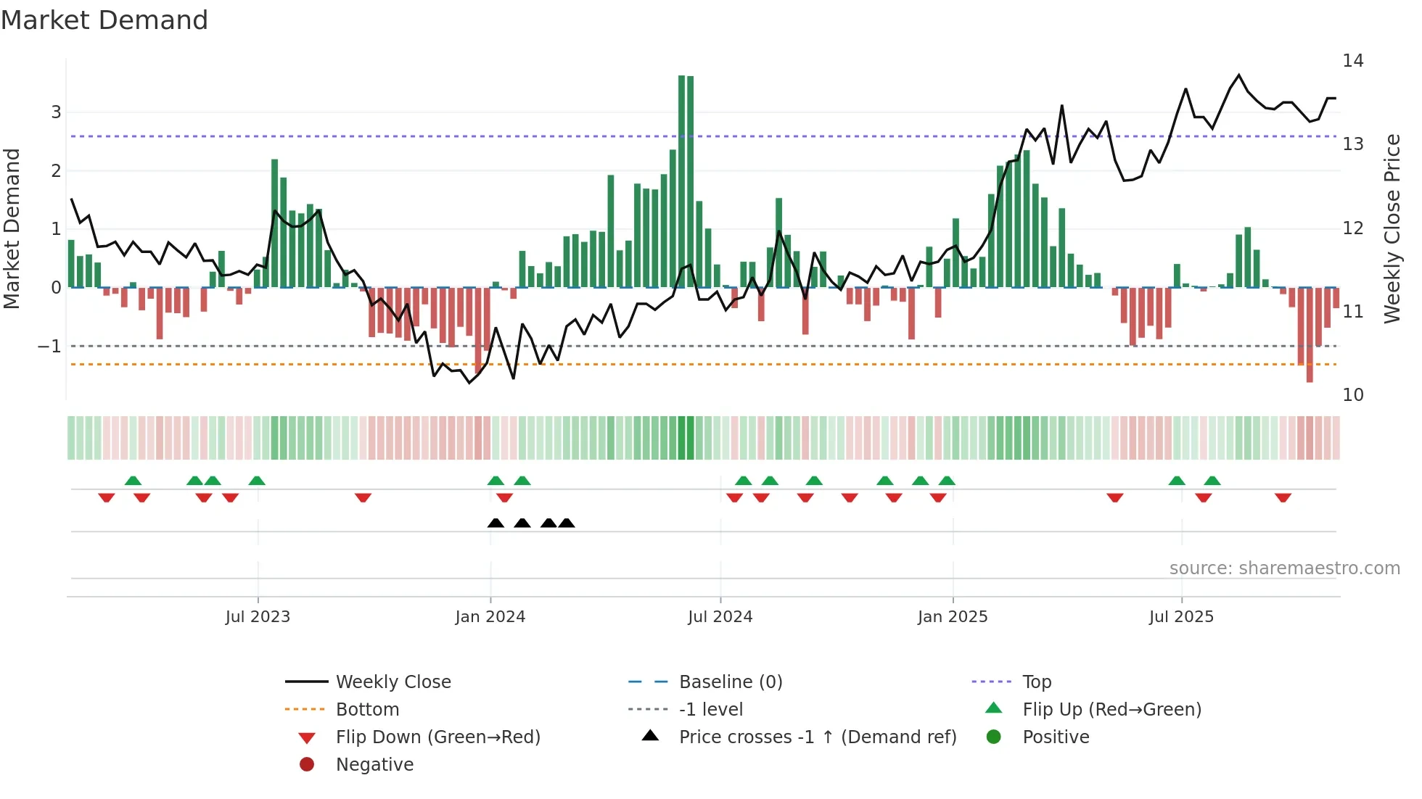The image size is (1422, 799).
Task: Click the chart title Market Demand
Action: (x=104, y=20)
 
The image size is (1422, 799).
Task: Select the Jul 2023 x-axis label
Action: (x=258, y=617)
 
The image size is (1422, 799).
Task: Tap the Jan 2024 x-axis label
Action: (x=490, y=617)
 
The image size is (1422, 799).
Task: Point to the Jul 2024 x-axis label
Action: (x=720, y=617)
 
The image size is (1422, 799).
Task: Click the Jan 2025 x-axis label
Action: (x=952, y=617)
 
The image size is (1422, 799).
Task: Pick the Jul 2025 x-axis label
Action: (x=1181, y=617)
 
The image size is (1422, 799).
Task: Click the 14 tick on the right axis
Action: (x=1352, y=61)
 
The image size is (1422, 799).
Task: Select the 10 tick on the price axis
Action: (x=1352, y=395)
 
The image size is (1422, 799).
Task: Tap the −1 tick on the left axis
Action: (x=49, y=347)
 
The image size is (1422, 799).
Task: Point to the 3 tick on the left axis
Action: (x=56, y=112)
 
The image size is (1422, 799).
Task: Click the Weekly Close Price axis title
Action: (x=1392, y=228)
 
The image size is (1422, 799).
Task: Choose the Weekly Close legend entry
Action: (x=393, y=682)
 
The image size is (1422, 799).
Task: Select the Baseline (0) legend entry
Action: (x=730, y=682)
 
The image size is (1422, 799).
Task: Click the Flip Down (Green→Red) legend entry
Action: (x=437, y=737)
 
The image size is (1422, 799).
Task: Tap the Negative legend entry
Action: (x=374, y=765)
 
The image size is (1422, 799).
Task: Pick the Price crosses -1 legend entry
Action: (x=817, y=737)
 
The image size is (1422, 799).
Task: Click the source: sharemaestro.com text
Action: (x=1284, y=568)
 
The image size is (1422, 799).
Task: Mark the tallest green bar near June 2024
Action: (x=682, y=181)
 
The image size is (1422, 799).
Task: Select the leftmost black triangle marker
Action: (x=496, y=523)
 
